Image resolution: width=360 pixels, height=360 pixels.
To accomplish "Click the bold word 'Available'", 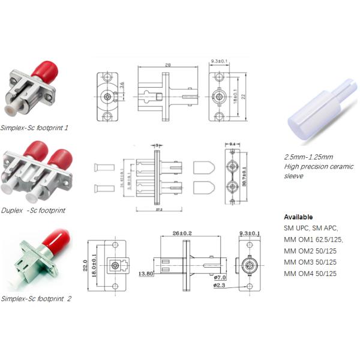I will coord(298,217).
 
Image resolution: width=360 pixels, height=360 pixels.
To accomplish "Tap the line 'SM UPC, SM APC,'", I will coord(311,228).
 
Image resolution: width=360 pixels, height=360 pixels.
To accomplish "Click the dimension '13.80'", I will coord(146,274).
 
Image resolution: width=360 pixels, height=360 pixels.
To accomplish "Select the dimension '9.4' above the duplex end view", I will coord(232,145).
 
